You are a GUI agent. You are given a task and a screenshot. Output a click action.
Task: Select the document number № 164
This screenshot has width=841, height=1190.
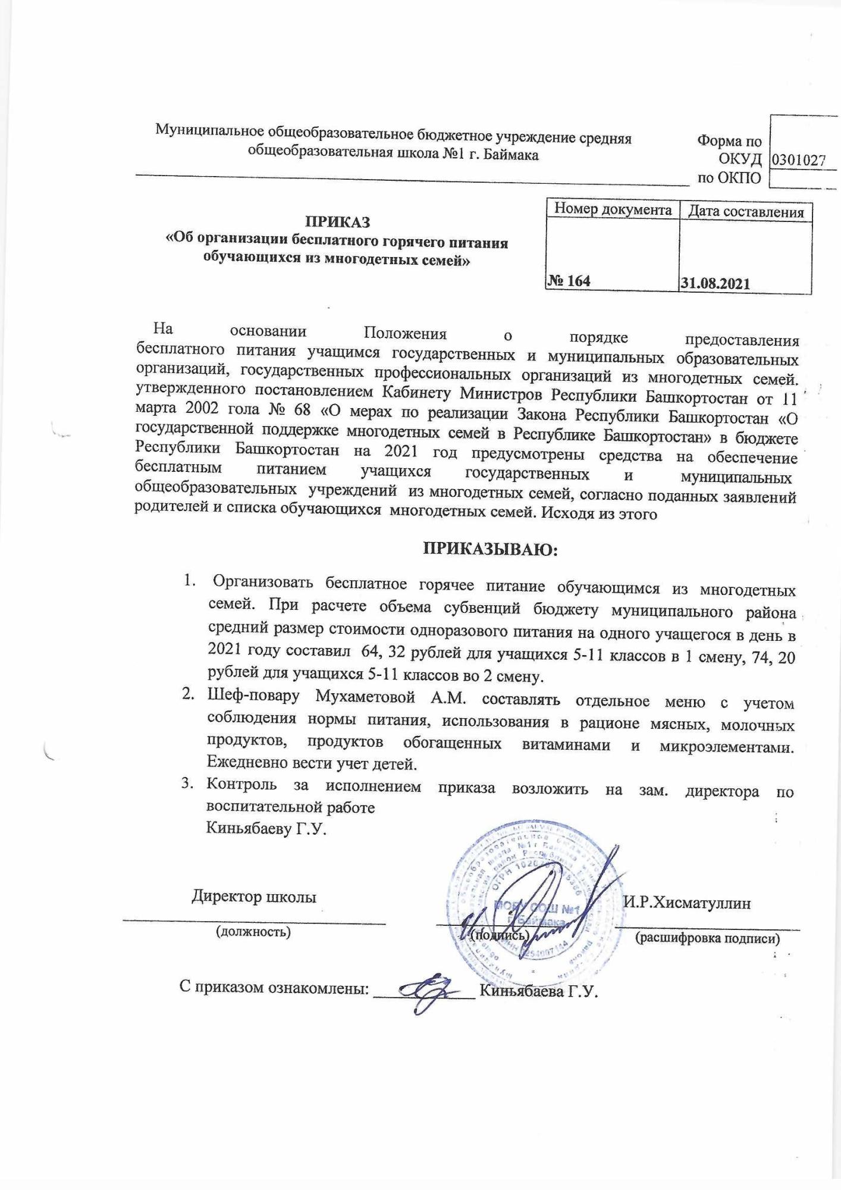[569, 281]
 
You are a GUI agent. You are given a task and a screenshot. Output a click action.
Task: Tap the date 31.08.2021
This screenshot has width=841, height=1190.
[716, 283]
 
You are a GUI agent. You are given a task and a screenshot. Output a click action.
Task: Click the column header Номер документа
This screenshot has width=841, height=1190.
[613, 209]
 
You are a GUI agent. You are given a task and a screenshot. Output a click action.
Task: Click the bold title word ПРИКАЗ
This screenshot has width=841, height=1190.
[337, 223]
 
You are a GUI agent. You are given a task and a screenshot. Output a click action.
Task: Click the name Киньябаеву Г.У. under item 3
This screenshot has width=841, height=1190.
[266, 829]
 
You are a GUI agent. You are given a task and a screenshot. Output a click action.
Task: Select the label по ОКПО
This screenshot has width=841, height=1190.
[729, 177]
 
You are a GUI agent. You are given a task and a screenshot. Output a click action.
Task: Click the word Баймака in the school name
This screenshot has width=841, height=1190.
[512, 155]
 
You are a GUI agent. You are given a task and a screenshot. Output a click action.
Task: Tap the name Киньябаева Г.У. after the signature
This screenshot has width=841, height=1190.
[538, 991]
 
